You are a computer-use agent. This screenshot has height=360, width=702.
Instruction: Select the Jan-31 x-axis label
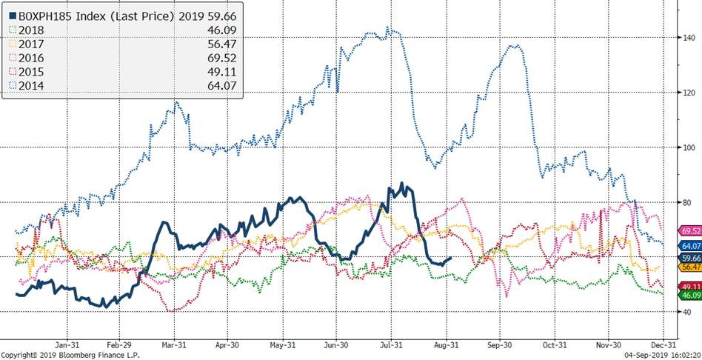coord(67,344)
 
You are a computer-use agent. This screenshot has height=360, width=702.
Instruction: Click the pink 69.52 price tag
coord(689,232)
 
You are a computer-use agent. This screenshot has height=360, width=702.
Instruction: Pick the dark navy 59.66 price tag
coord(689,258)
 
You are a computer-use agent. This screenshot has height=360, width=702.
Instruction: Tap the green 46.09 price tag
coord(689,295)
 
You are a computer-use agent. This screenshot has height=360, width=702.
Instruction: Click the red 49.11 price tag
coord(689,286)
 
